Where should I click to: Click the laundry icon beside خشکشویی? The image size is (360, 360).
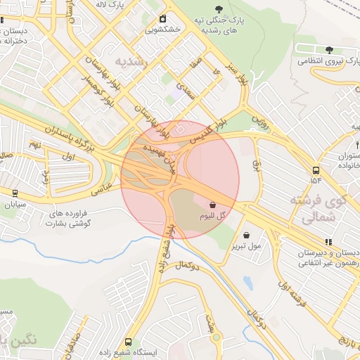tap(164, 18)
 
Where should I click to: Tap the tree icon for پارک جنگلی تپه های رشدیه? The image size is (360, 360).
tap(221, 8)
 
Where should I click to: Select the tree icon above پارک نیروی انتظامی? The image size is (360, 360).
tap(329, 49)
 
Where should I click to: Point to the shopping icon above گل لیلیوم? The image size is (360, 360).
tap(212, 205)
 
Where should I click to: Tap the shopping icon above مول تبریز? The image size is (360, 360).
tap(246, 235)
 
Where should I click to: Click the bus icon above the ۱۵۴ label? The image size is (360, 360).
tap(315, 170)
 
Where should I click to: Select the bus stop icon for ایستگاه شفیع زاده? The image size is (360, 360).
tap(128, 340)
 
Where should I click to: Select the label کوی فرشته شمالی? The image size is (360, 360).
tap(319, 210)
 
